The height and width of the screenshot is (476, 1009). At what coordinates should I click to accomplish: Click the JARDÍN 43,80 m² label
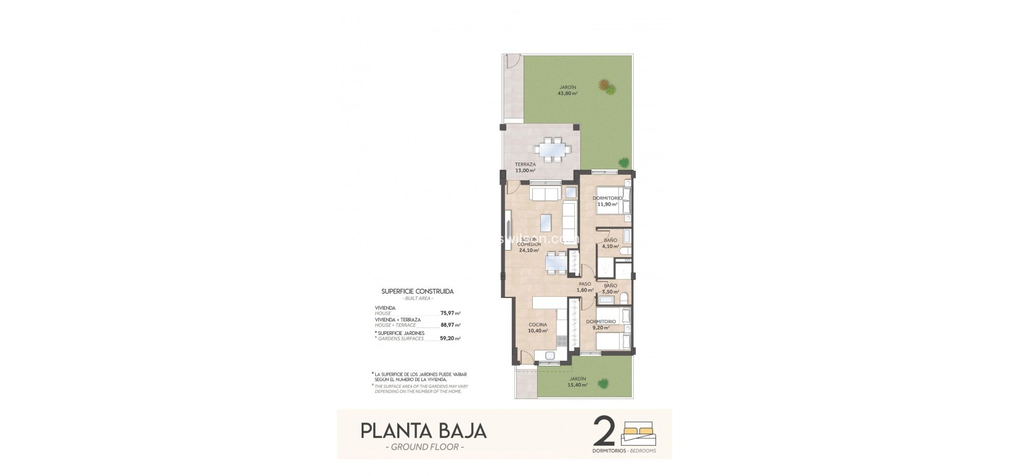pyautogui.click(x=567, y=91)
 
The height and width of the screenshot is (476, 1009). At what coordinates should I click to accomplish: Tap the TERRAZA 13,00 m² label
pyautogui.click(x=525, y=167)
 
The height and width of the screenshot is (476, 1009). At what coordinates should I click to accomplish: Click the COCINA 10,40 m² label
pyautogui.click(x=538, y=328)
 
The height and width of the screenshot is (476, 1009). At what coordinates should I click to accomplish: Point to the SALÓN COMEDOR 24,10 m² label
pyautogui.click(x=530, y=244)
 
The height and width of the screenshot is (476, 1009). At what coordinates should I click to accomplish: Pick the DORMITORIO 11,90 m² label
pyautogui.click(x=607, y=201)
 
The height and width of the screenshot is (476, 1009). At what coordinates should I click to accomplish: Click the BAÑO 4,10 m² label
pyautogui.click(x=610, y=243)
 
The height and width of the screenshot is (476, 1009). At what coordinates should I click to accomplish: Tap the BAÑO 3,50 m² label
pyautogui.click(x=610, y=289)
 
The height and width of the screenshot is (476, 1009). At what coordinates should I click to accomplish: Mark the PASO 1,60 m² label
pyautogui.click(x=585, y=287)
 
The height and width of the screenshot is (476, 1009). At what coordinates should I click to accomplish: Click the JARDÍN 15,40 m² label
pyautogui.click(x=577, y=382)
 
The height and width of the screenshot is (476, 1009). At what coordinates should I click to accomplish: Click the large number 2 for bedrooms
pyautogui.click(x=604, y=431)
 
